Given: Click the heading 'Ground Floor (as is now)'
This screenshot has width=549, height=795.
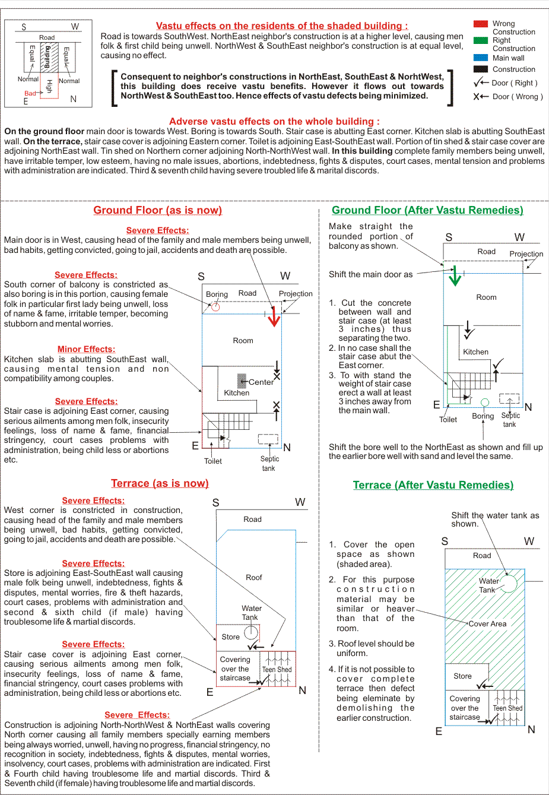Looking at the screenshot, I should pyautogui.click(x=157, y=210).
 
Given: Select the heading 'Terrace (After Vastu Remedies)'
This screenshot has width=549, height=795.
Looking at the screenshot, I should pyautogui.click(x=433, y=485).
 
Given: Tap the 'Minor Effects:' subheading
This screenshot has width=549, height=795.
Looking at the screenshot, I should pyautogui.click(x=86, y=349).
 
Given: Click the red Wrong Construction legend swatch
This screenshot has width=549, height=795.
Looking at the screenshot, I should pyautogui.click(x=481, y=24).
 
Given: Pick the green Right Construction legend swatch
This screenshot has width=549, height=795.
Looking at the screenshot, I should pyautogui.click(x=481, y=40).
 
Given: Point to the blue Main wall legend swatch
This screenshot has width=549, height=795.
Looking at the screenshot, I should pyautogui.click(x=481, y=58).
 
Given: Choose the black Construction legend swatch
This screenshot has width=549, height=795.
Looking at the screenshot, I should pyautogui.click(x=481, y=69).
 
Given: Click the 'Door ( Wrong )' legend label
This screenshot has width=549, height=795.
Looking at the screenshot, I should pyautogui.click(x=517, y=97).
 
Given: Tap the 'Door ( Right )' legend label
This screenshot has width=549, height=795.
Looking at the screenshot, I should pyautogui.click(x=514, y=83).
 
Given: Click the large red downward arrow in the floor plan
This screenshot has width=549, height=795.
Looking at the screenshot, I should pyautogui.click(x=274, y=317).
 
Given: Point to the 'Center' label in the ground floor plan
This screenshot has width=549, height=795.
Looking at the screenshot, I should pyautogui.click(x=261, y=382).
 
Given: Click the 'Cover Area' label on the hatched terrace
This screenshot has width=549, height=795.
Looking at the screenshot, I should pyautogui.click(x=487, y=624).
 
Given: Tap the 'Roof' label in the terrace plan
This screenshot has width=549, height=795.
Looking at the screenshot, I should pyautogui.click(x=254, y=577).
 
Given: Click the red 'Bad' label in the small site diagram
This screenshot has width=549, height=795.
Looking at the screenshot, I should pyautogui.click(x=30, y=93).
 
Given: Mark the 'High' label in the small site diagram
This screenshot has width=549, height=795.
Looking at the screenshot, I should pyautogui.click(x=49, y=86).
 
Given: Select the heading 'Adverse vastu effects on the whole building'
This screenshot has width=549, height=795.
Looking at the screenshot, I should pyautogui.click(x=274, y=121).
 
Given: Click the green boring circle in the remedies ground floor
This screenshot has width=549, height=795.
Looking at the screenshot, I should pyautogui.click(x=484, y=403).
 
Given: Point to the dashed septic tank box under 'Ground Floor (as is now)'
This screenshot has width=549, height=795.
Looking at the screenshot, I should pyautogui.click(x=268, y=439).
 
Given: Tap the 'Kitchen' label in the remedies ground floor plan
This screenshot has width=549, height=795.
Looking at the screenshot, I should pyautogui.click(x=475, y=352).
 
